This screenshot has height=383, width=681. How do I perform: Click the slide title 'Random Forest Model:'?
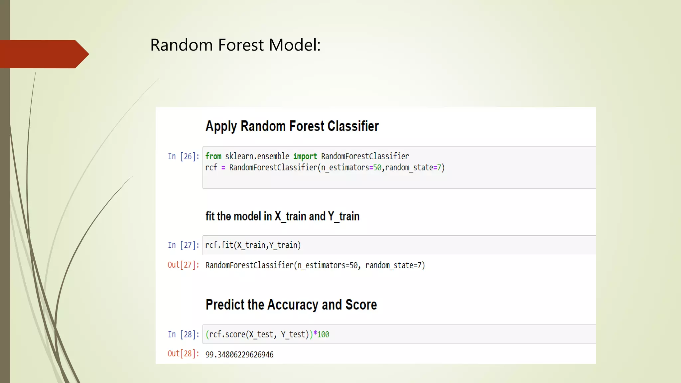pos(235,45)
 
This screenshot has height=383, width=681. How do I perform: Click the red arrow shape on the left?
pos(43,54)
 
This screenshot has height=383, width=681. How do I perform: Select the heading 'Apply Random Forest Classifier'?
pos(292,126)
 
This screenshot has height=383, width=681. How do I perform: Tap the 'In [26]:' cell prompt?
pos(183,156)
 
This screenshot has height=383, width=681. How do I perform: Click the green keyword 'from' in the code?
pos(213,156)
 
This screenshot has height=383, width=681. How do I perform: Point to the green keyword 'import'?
pos(305,156)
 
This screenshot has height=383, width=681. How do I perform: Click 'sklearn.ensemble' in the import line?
pos(257,156)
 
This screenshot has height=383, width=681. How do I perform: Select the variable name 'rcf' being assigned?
pos(211,168)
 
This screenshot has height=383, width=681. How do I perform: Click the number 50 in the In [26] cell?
pos(377,168)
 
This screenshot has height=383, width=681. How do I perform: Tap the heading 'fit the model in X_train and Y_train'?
pos(282,216)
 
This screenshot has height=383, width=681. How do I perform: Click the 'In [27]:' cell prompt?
pos(183,245)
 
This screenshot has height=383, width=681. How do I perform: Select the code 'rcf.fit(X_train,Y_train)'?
pos(253,245)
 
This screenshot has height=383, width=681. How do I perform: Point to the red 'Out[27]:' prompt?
pos(183,265)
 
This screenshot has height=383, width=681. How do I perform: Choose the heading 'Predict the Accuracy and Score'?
pos(291,305)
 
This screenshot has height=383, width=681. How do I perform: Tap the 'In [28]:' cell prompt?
pos(183,334)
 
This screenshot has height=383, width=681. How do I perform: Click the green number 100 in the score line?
pos(323,334)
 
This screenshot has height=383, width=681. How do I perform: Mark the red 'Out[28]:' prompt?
pos(183,354)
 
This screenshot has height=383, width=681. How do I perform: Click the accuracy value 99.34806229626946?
pos(239,354)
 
